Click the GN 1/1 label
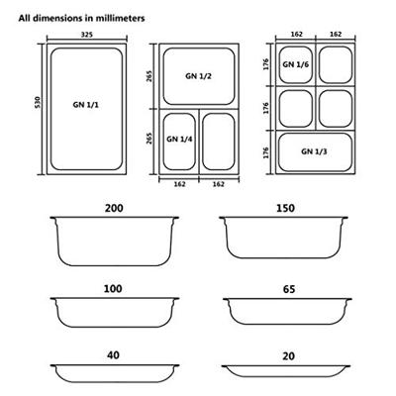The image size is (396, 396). click(x=86, y=105)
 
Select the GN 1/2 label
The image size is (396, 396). click(x=198, y=76)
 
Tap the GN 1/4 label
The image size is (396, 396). click(x=179, y=139)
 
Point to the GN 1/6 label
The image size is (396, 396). click(x=295, y=64)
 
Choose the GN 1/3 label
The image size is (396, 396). click(x=314, y=151)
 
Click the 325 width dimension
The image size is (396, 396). click(x=87, y=35)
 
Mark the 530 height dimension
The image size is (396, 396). click(x=38, y=103)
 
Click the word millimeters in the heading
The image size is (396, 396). click(x=120, y=18)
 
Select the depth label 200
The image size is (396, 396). click(x=114, y=208)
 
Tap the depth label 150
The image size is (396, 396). click(x=286, y=208)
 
